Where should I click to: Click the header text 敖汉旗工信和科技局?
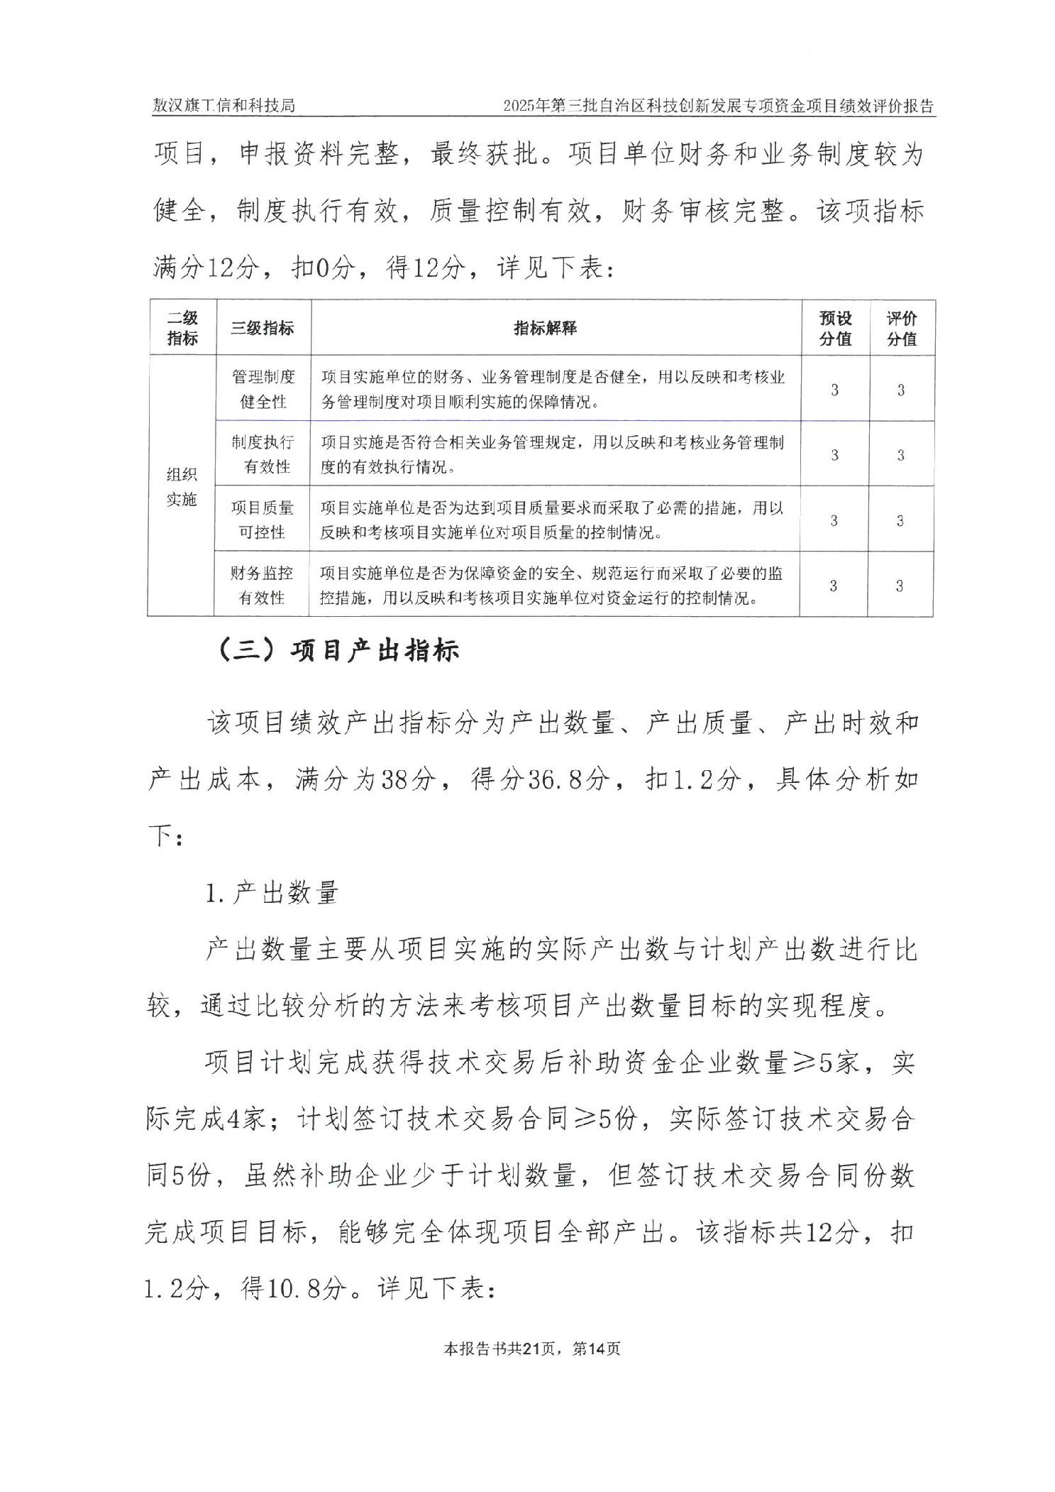223,106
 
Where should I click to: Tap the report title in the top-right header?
718,106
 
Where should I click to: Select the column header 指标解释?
545,328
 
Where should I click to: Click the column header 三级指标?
263,328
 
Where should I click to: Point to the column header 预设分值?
835,328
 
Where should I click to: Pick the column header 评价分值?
902,328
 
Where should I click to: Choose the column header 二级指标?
182,328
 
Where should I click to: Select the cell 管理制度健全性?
263,389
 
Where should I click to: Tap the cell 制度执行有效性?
263,454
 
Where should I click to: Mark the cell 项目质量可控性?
263,520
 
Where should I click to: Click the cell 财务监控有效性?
262,585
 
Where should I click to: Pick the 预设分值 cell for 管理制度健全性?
834,390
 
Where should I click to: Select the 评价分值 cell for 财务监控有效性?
900,586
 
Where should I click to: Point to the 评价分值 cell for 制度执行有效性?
900,455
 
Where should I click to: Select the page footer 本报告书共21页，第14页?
531,1349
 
